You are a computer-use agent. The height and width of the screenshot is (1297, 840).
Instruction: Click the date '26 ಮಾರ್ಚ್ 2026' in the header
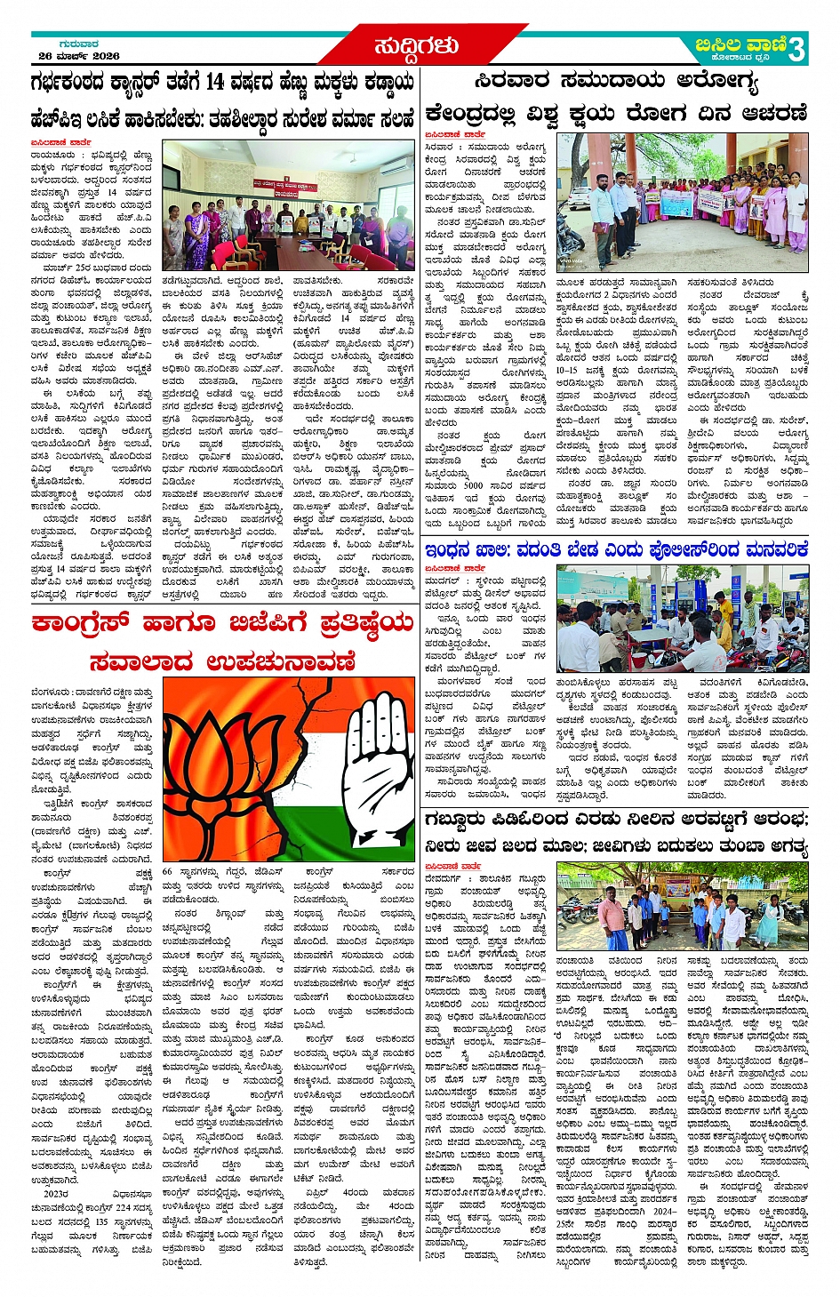78,56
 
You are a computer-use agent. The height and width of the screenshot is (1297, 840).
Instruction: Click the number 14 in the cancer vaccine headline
214,83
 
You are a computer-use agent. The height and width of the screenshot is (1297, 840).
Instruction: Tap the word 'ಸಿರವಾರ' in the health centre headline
512,81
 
